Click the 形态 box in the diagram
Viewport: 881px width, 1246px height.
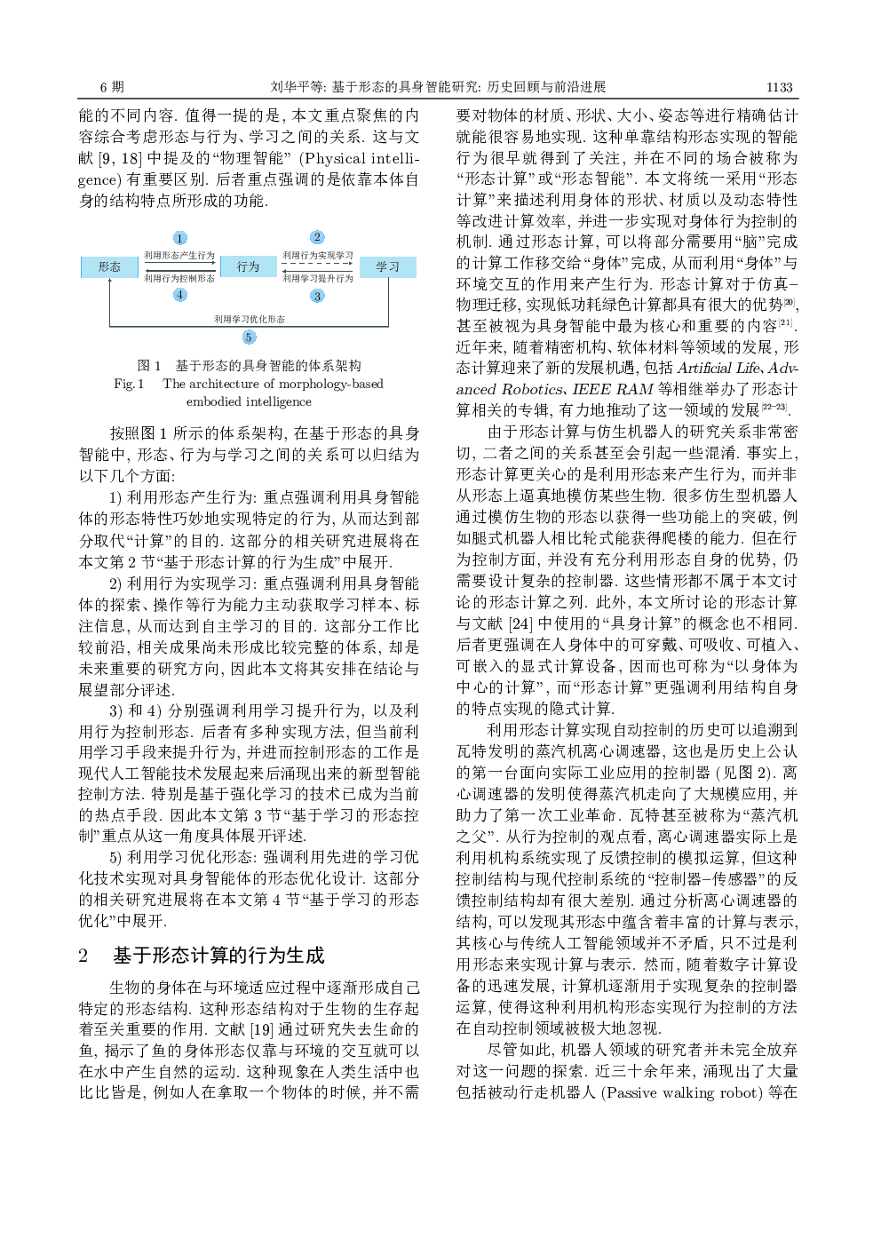(109, 266)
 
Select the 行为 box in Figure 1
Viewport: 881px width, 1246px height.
(249, 266)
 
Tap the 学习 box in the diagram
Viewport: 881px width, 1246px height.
(387, 266)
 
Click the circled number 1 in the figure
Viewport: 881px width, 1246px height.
(179, 238)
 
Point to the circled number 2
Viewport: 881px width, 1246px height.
(317, 237)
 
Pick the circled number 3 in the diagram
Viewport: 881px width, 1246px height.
(317, 296)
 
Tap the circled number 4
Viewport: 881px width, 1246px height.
(179, 295)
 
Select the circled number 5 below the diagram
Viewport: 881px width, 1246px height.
(249, 337)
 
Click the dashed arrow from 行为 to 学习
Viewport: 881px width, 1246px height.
(318, 263)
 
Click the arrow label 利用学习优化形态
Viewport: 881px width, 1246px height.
(249, 319)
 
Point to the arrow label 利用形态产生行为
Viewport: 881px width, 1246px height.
(179, 255)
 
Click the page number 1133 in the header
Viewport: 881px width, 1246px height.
(779, 87)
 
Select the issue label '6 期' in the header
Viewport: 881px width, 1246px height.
(112, 87)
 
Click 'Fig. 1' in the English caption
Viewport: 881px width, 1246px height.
(129, 384)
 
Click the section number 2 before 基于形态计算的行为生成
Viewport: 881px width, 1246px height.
(83, 956)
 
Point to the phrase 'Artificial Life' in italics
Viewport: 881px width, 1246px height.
(718, 368)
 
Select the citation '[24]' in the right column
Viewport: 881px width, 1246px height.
(520, 623)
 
